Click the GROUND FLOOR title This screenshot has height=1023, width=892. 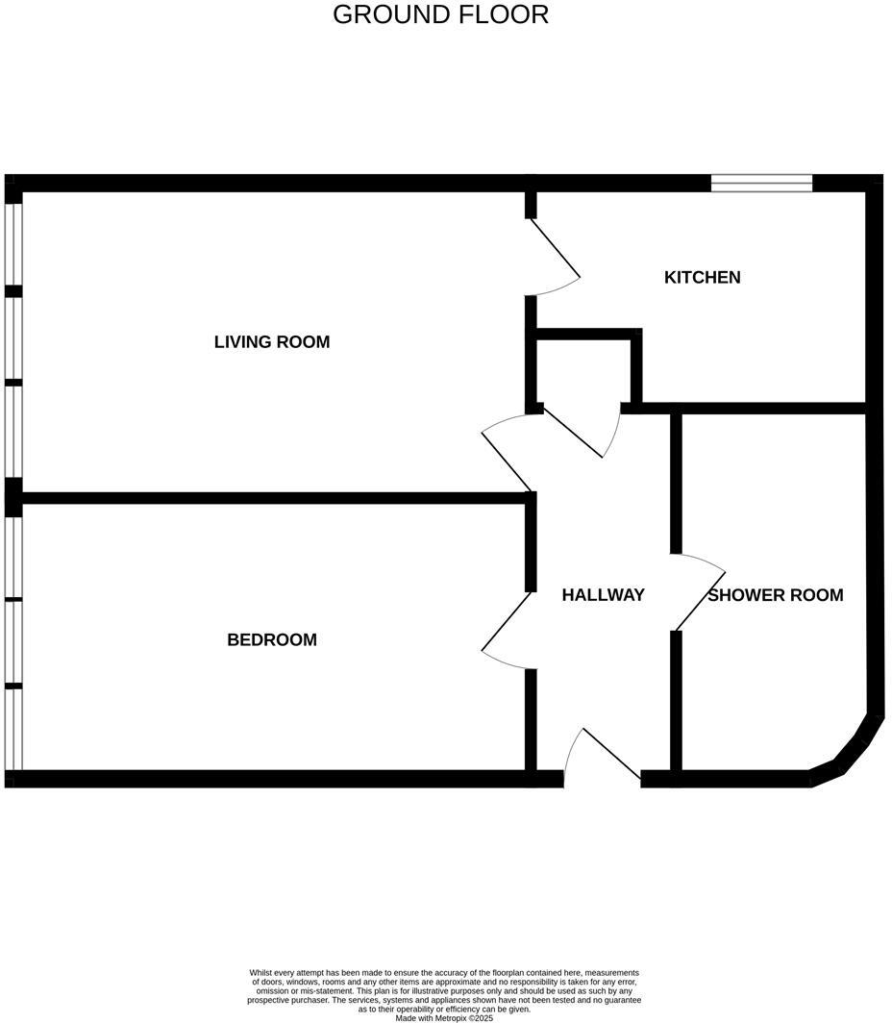[x=440, y=14]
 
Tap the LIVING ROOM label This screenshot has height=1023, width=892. [x=272, y=341]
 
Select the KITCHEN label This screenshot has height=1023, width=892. [x=703, y=277]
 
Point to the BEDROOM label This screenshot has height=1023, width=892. [x=272, y=639]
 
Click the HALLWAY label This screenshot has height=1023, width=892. [x=603, y=595]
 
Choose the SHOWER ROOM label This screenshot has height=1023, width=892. [x=776, y=595]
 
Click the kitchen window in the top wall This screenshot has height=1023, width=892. [x=761, y=183]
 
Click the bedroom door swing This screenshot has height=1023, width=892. [x=506, y=629]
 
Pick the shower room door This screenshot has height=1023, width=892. [x=700, y=593]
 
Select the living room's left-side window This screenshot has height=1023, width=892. [x=12, y=337]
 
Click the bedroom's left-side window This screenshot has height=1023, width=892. [x=12, y=639]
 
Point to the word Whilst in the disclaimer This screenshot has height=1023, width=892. [x=262, y=973]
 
